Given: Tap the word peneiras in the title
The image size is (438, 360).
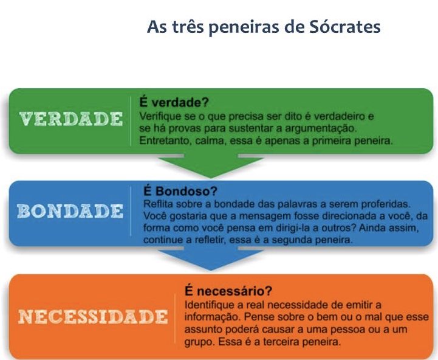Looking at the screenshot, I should pos(247,28).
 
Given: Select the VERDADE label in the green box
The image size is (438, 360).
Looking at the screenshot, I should pos(70,119).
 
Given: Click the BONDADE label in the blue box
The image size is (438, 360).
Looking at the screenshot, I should pos(70,212).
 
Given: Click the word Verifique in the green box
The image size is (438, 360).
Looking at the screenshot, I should pos(159,116).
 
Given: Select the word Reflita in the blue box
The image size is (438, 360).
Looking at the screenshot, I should pos(155,203).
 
